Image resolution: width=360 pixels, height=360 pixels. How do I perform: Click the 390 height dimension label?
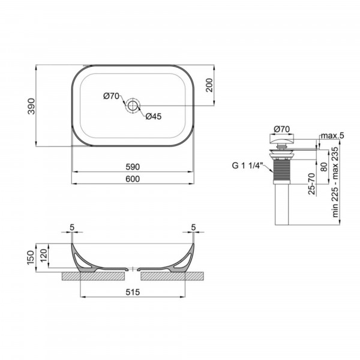[x=31, y=106]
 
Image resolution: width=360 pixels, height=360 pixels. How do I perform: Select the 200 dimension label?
[x=209, y=85]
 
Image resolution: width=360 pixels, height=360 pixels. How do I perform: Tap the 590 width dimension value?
[x=133, y=167]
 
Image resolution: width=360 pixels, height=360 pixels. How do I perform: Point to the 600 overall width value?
[x=133, y=179]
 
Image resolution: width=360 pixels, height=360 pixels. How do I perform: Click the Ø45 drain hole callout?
[x=154, y=116]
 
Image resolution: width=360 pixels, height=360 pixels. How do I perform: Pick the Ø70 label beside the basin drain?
[x=112, y=96]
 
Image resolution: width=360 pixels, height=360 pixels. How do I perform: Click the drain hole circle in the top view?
[x=133, y=106]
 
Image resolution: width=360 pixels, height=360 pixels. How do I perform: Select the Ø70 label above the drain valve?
[x=282, y=129]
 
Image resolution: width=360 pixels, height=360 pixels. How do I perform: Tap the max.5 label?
[x=332, y=136]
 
